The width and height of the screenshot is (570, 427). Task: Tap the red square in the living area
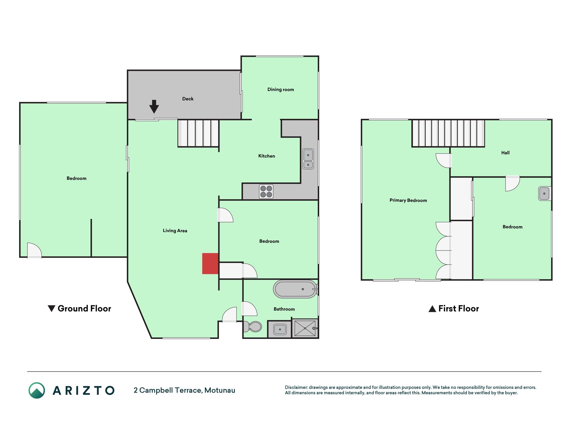pos(210,264)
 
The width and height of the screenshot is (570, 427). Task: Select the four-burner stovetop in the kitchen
pos(266,191)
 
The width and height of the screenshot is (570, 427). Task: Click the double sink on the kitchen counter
pos(308,159)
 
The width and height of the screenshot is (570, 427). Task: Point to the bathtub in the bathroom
pos(295,289)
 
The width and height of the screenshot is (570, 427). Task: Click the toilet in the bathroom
pos(253,327)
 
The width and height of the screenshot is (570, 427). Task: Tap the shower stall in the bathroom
pos(305,329)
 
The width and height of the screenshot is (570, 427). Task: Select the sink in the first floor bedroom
pos(544,193)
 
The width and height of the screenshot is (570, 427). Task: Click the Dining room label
pos(280,89)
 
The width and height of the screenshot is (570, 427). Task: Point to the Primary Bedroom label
pos(408,200)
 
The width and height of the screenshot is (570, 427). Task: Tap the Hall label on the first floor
pos(505,153)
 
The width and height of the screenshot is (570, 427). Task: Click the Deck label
pos(188,99)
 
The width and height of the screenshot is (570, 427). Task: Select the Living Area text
pos(175,231)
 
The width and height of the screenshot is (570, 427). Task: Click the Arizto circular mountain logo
pos(37,390)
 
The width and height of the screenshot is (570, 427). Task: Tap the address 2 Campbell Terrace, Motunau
pos(184,390)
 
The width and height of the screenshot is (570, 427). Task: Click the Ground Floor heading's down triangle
pos(51,309)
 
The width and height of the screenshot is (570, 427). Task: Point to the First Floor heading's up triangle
pos(432,309)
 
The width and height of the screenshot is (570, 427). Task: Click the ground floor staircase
pos(198,133)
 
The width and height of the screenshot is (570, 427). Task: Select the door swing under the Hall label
pos(513,183)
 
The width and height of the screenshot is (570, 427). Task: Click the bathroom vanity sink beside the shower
pos(280,329)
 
